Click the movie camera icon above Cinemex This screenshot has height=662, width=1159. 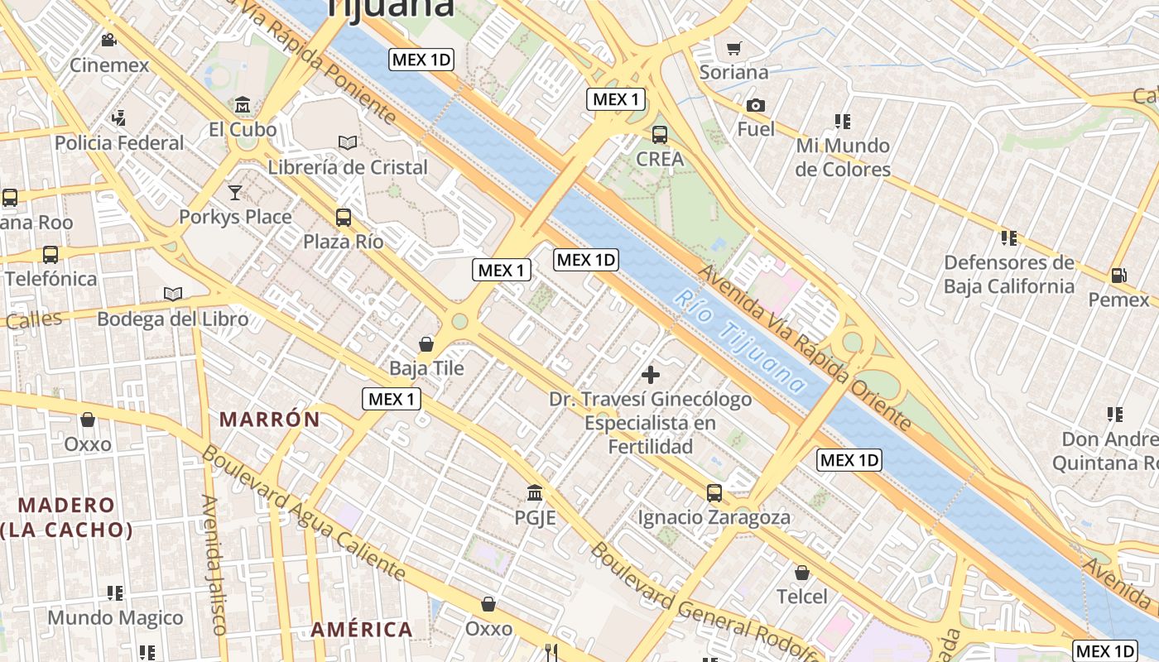[x=108, y=40]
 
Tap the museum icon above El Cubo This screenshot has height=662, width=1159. [x=243, y=105]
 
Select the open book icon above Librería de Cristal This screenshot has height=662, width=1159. [x=348, y=142]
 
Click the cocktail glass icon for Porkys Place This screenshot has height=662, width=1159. [x=235, y=192]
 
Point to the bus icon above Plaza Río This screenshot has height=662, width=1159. [x=343, y=218]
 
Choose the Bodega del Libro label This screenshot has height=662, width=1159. [x=172, y=319]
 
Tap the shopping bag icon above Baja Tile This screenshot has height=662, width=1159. [x=426, y=343]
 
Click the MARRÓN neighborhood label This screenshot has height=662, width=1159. [x=270, y=420]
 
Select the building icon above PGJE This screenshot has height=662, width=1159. [x=535, y=493]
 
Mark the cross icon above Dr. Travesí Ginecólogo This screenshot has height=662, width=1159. [x=651, y=375]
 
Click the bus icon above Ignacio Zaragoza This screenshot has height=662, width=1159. [x=714, y=493]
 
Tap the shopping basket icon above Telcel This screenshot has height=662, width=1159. [x=801, y=572]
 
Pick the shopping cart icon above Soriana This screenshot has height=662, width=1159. [x=733, y=48]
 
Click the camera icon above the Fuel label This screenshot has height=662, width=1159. [x=755, y=105]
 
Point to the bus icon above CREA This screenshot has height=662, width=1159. [x=660, y=134]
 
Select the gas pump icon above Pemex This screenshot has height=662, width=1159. [x=1118, y=275]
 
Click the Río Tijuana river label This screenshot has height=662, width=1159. [x=740, y=341]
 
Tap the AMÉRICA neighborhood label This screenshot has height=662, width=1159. [x=362, y=630]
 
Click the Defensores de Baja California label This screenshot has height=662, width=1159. [x=1008, y=275]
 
